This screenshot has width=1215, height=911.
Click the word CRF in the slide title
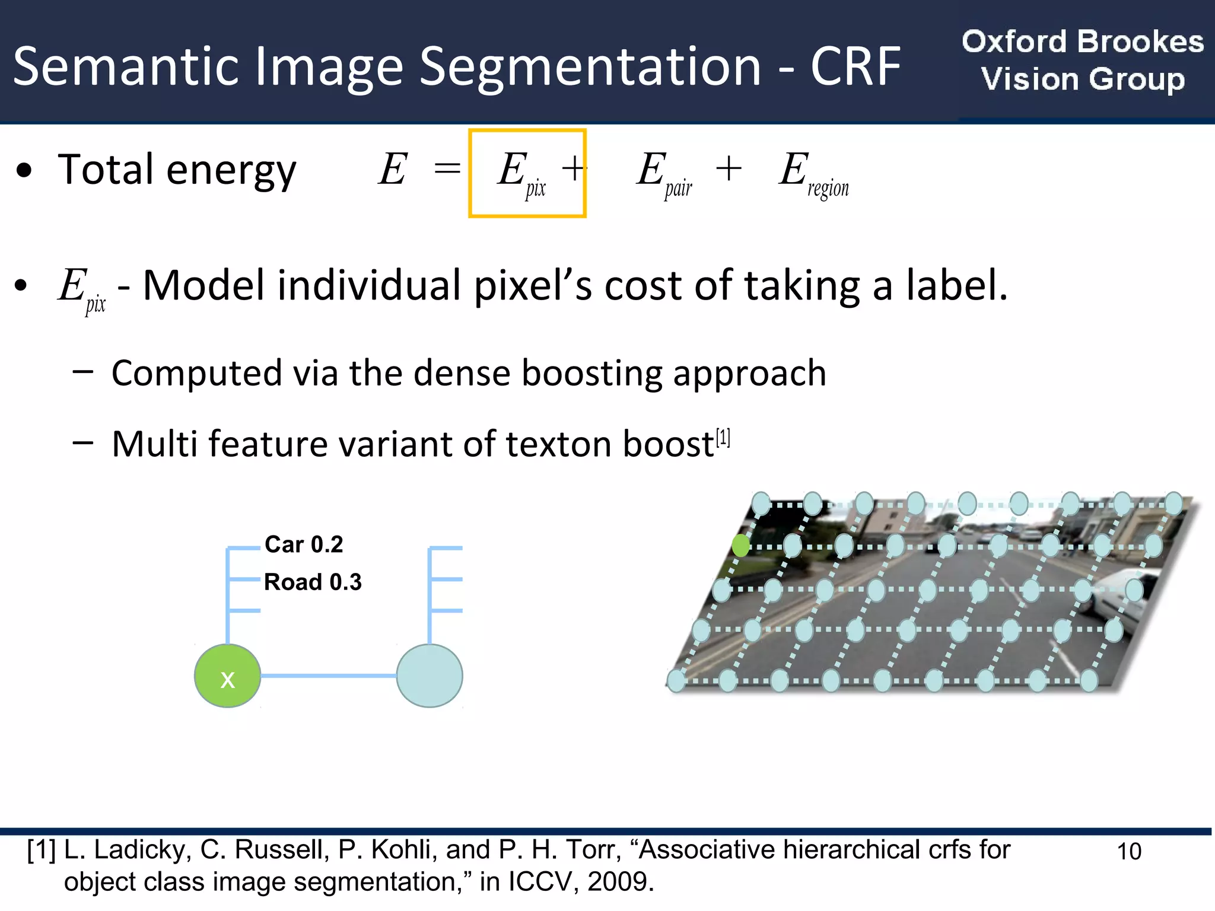coord(855,66)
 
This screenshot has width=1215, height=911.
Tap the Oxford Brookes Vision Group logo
coord(1083,60)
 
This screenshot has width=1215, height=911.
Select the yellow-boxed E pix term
coord(527,173)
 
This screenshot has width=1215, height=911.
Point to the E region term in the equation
coord(813,173)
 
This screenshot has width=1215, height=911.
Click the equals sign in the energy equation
coord(447,169)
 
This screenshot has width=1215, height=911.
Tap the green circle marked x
coord(228,676)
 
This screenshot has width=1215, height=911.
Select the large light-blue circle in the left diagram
coord(430,676)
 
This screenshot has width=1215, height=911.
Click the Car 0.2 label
coord(304,544)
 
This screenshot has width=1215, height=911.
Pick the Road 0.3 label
coord(313,582)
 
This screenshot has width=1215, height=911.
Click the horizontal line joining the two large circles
coord(328,676)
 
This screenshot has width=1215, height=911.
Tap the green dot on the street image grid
coord(740,546)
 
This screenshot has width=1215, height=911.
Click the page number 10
coord(1129,852)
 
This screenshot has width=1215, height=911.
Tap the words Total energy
coord(177,170)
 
